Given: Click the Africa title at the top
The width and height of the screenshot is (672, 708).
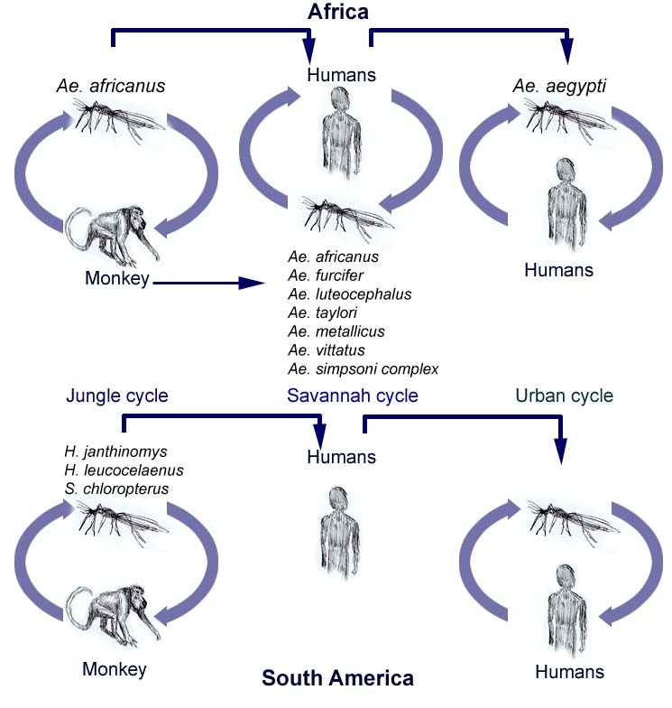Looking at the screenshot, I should pos(338,12).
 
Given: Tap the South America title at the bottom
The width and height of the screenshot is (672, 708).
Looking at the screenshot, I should pos(337,677).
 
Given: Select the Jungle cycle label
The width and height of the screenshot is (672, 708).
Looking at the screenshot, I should pos(117,396).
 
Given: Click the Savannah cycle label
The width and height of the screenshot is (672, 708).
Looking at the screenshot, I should pos(353,396).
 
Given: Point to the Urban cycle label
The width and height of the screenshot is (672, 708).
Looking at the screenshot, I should pos(564,396).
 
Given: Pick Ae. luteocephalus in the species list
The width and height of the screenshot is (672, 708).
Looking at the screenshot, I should pos(350,294).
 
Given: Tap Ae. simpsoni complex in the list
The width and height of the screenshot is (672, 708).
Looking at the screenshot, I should pos(364,369).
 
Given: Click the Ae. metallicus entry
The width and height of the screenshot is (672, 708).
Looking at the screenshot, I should pos(336,331).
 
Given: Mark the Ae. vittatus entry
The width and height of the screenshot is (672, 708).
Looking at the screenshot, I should pos(327,350).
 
